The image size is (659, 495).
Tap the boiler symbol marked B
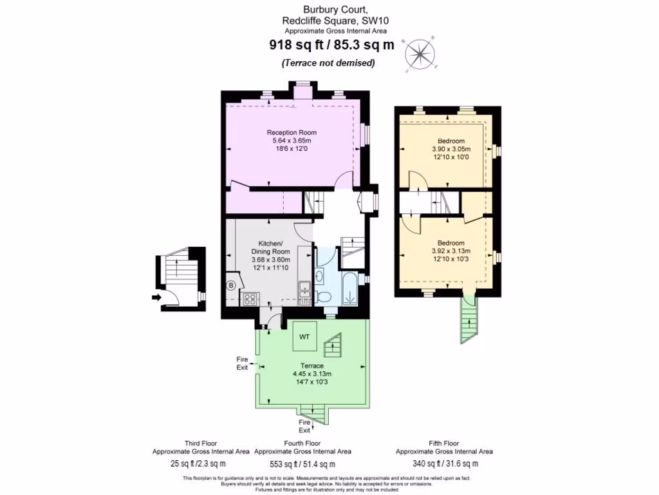230,284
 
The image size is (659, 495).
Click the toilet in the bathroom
326,296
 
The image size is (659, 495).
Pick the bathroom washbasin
320,276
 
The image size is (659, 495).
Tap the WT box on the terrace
304,336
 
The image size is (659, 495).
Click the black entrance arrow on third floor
156,297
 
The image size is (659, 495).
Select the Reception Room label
292,133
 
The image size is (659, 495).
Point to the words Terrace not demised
328,63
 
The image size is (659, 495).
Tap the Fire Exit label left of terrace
242,363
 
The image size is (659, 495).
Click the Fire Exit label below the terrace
304,426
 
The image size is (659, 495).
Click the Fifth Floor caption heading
444,443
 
